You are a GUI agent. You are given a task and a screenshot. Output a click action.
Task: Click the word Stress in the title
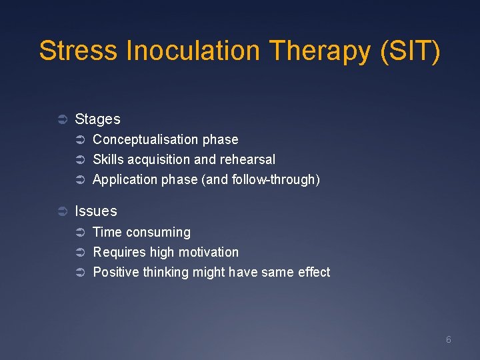click(78, 51)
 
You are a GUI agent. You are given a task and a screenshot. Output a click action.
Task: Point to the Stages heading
click(97, 119)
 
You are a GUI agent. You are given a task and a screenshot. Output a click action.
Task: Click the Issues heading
click(95, 211)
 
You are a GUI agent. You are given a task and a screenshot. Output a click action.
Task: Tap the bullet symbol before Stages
click(61, 120)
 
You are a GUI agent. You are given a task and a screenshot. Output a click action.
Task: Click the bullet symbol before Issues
click(61, 212)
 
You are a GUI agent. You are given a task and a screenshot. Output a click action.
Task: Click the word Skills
click(109, 159)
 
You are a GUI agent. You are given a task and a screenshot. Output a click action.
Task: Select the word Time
click(107, 232)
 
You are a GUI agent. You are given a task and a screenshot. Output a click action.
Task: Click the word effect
click(313, 272)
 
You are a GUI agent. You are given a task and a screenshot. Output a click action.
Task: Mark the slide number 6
click(448, 340)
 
